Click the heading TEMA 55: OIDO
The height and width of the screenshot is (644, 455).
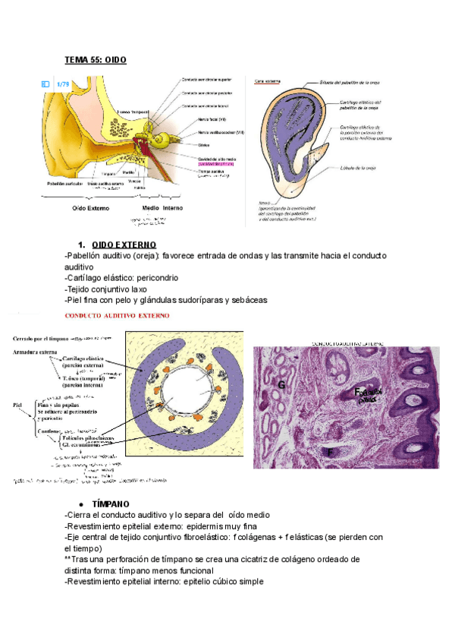click(x=96, y=59)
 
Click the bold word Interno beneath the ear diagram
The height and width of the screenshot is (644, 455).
click(x=178, y=207)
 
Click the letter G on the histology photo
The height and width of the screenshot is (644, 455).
click(x=281, y=386)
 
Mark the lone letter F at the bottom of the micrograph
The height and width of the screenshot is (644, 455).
click(x=331, y=453)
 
